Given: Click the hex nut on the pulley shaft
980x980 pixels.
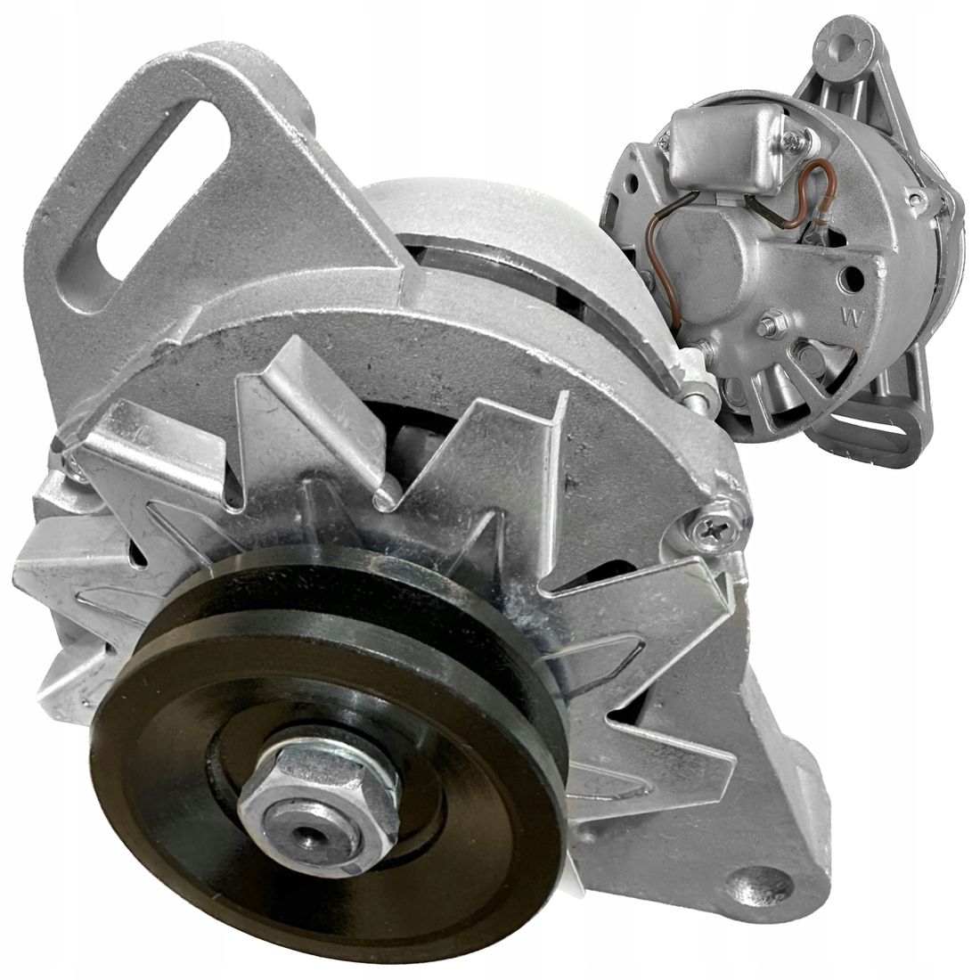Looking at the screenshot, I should (x=318, y=796).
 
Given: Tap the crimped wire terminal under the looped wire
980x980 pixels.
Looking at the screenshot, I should (x=817, y=233).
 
